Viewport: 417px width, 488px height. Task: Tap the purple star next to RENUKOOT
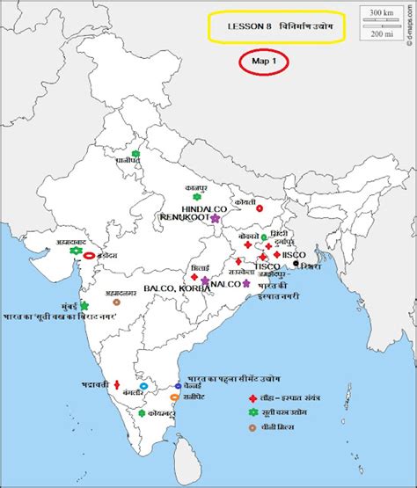coord(215,217)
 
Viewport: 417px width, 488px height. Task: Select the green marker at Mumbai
coord(84,306)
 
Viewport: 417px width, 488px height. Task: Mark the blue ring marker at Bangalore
coord(143,387)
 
